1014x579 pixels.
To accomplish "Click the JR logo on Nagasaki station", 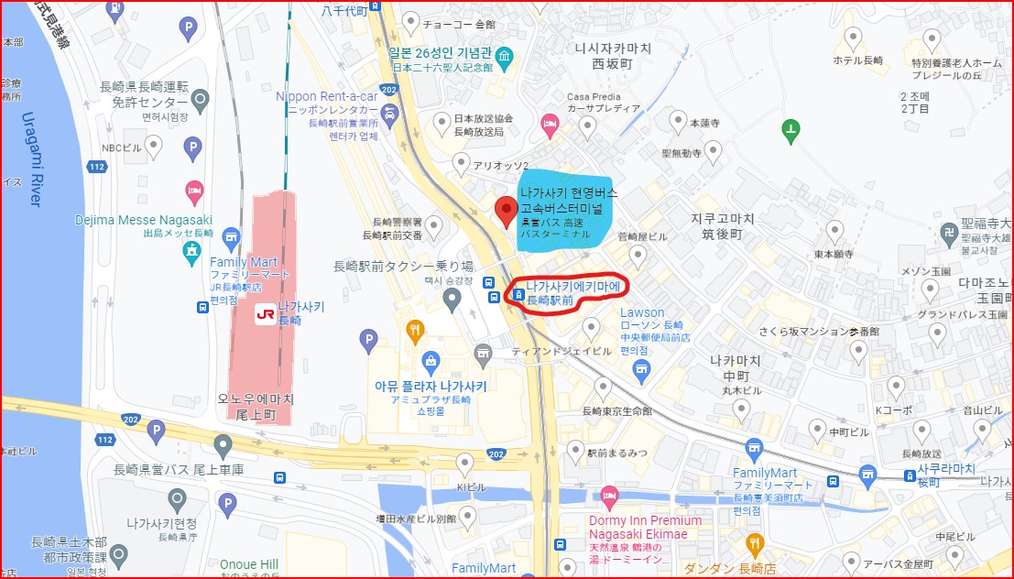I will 265,313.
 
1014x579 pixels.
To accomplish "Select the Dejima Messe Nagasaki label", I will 144,220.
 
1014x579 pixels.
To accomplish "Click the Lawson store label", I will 641,313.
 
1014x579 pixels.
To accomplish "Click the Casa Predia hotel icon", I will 550,122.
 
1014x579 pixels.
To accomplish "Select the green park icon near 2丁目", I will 790,133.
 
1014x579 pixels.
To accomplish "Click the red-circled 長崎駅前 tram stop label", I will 573,292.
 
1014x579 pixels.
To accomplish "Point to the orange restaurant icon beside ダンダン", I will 755,541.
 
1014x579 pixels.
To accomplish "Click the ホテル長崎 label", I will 857,60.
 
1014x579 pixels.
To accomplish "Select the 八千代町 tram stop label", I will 343,11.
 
